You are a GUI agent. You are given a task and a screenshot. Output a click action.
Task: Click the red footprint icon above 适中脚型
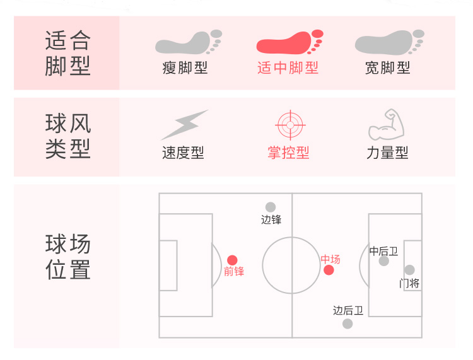tap(289, 43)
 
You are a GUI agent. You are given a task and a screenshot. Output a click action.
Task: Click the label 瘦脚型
tap(185, 68)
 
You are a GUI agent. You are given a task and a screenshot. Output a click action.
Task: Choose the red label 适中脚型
tap(288, 68)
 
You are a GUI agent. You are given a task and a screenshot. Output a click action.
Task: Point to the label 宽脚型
tap(387, 68)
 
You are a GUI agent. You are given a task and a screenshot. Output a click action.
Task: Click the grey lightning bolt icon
tap(184, 124)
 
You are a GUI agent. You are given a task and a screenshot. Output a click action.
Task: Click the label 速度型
tap(183, 153)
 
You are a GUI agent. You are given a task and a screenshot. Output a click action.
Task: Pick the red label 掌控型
tap(288, 153)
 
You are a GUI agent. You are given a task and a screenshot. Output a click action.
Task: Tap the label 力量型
tap(387, 153)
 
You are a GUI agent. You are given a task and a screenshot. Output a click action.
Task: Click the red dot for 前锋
tap(232, 260)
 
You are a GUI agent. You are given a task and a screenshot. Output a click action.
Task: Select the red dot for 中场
tap(329, 270)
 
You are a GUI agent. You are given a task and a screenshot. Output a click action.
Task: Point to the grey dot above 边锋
tap(271, 207)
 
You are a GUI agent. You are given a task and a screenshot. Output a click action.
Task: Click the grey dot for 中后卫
tap(383, 261)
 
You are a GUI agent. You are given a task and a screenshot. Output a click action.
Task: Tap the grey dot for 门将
tap(409, 270)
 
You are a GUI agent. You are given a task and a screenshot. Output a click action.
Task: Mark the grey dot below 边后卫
tap(347, 323)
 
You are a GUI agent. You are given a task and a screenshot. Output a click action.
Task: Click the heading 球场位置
tap(67, 257)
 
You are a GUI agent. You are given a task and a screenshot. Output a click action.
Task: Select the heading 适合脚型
tap(67, 54)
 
